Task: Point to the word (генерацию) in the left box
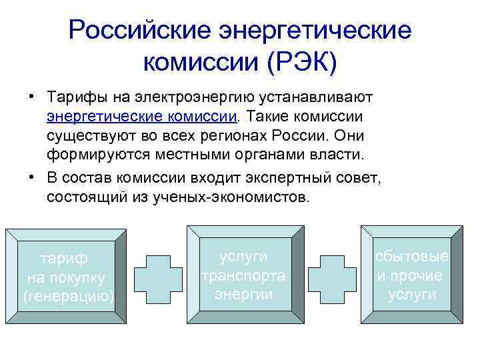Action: point(68,295)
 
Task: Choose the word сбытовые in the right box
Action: point(411,257)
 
